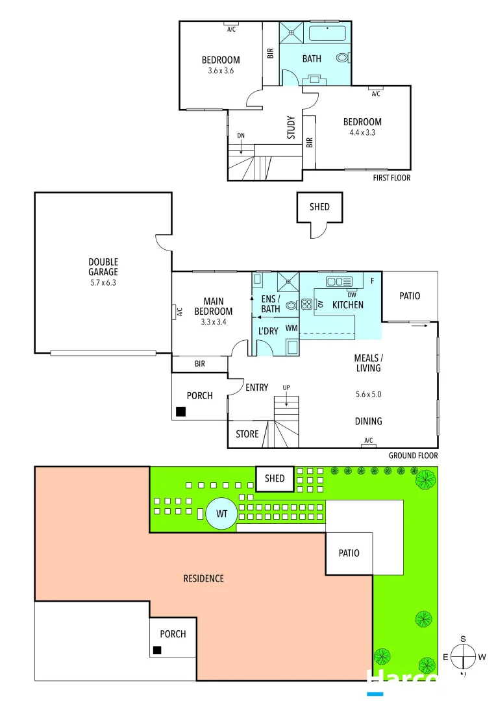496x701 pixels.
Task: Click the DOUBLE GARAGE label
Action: click(x=103, y=267)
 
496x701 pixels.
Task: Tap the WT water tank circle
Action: click(x=222, y=513)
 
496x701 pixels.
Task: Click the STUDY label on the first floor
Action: click(x=291, y=127)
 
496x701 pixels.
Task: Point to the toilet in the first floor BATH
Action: click(x=343, y=58)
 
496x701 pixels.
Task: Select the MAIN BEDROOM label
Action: click(x=213, y=306)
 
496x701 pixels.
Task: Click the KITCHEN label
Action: click(x=348, y=304)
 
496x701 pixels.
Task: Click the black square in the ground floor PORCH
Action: click(x=181, y=412)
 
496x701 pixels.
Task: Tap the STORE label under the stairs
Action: click(x=247, y=434)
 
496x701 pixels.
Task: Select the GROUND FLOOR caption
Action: click(x=413, y=456)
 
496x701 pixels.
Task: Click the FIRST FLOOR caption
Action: click(x=391, y=177)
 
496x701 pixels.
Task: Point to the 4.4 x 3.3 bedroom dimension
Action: click(x=362, y=132)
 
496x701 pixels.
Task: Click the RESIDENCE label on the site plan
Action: click(x=203, y=578)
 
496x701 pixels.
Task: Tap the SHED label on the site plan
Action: click(x=275, y=478)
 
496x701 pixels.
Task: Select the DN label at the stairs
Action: click(x=241, y=135)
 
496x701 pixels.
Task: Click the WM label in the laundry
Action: click(x=291, y=328)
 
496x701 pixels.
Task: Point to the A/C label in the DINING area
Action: click(x=369, y=441)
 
